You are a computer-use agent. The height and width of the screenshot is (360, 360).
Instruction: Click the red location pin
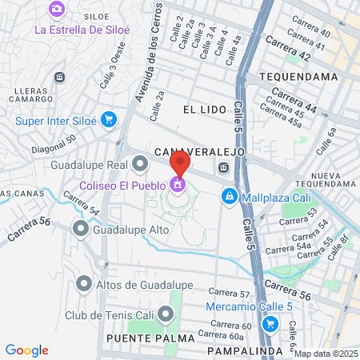click(179, 164)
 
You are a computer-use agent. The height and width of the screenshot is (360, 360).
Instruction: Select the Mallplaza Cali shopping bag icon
click(230, 194)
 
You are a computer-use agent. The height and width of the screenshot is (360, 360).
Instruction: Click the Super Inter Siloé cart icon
click(108, 121)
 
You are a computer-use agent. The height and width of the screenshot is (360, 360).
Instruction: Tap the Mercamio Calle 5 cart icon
click(270, 324)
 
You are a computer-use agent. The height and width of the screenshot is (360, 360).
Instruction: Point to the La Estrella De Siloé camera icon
click(57, 9)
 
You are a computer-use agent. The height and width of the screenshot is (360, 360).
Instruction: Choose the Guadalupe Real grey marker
click(141, 165)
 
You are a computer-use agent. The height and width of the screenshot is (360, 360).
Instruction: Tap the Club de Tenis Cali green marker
click(166, 313)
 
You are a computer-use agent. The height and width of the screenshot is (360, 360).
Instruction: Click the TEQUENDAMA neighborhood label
click(290, 76)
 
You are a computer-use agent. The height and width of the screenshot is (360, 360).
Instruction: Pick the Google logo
click(27, 350)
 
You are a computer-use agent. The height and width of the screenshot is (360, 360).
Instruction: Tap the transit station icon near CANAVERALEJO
click(224, 168)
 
